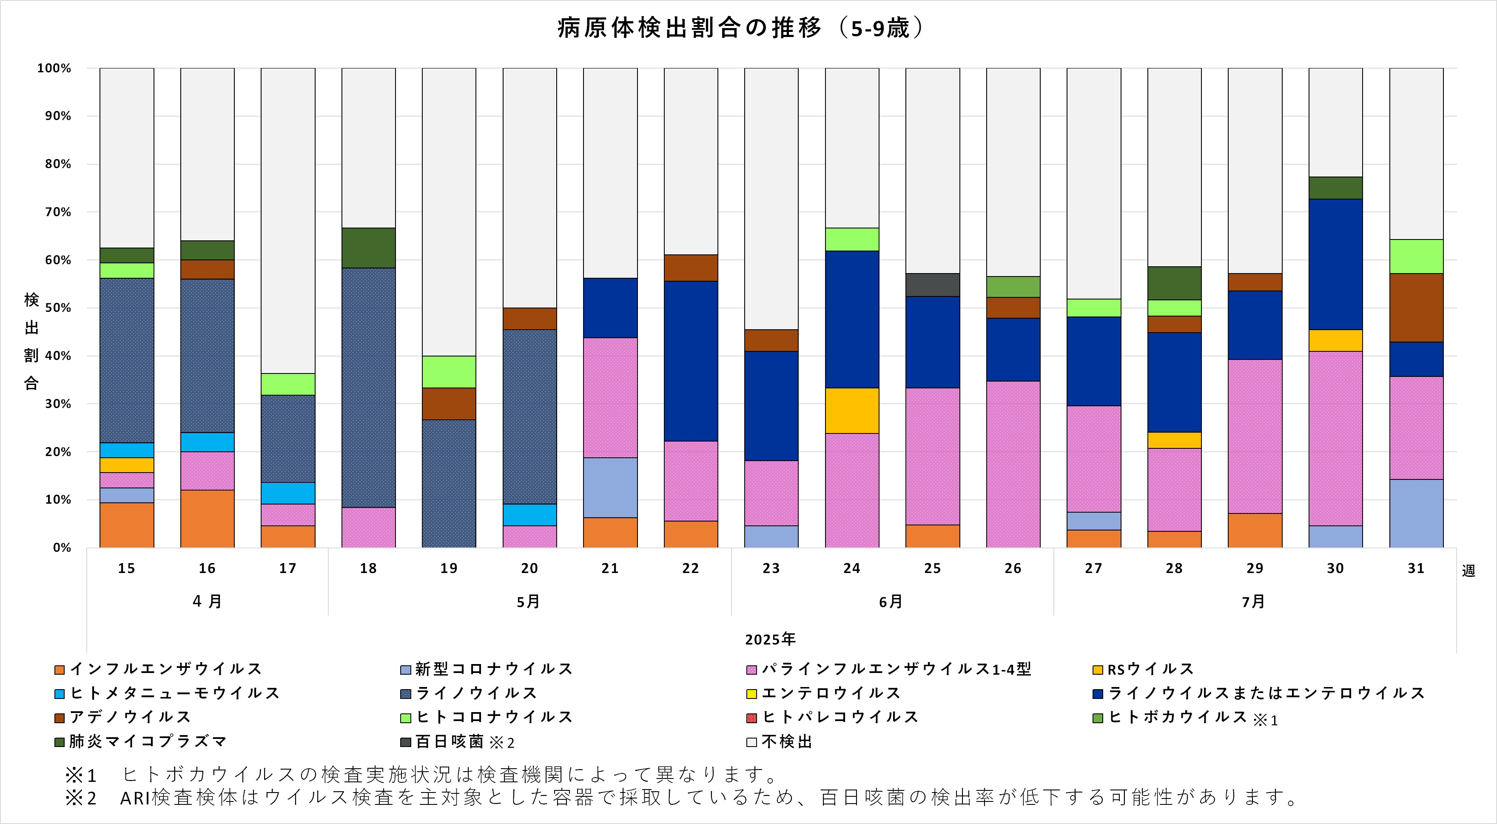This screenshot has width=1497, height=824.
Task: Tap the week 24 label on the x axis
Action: tap(851, 568)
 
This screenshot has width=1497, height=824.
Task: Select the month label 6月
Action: tap(890, 602)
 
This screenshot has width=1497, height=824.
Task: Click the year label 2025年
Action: tap(770, 639)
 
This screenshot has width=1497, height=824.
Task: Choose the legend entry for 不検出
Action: tap(785, 741)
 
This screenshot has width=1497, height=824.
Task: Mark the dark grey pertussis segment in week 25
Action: tap(933, 285)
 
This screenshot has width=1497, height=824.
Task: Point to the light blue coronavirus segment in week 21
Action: tap(610, 487)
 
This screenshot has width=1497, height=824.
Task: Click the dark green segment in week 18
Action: tap(368, 248)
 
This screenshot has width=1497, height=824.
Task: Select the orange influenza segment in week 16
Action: tap(208, 518)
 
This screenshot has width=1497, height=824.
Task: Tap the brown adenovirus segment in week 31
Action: tap(1416, 308)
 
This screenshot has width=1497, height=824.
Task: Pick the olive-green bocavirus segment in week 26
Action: tap(1013, 286)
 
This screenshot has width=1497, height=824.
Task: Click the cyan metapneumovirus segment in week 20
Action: tap(529, 514)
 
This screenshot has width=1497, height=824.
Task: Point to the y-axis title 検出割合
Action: tap(31, 341)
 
